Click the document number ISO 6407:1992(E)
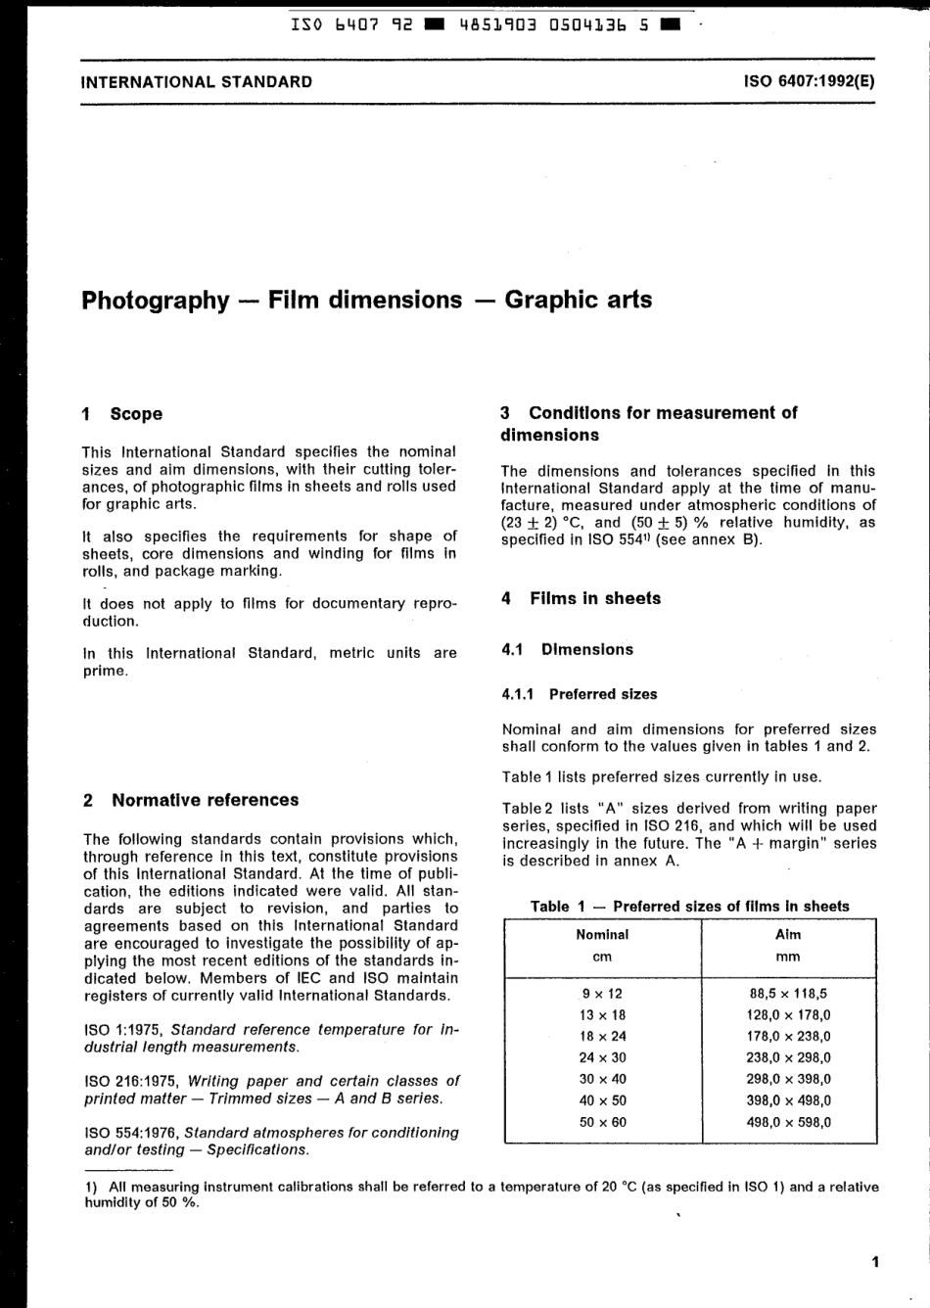810,82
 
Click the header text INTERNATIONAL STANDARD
197,82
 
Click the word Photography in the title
155,300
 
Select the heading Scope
136,414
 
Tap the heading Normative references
205,800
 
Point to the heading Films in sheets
595,598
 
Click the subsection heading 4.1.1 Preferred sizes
580,694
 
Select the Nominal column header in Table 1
602,935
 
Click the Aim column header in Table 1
788,935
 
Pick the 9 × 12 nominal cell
602,993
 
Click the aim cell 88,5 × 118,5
788,993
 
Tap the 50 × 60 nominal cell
602,1122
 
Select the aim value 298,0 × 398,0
788,1079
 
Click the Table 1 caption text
690,907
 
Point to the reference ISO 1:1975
123,1030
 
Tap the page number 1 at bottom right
875,1262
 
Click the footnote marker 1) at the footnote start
92,1187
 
